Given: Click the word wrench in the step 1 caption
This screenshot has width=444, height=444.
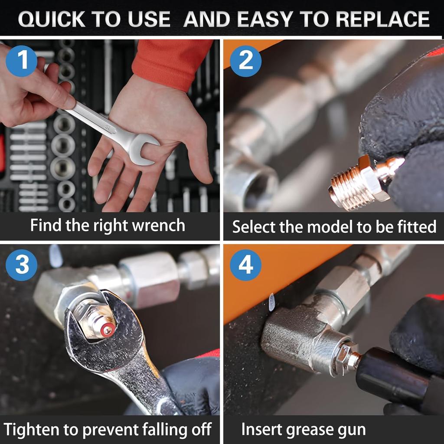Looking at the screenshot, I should tap(159, 225).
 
